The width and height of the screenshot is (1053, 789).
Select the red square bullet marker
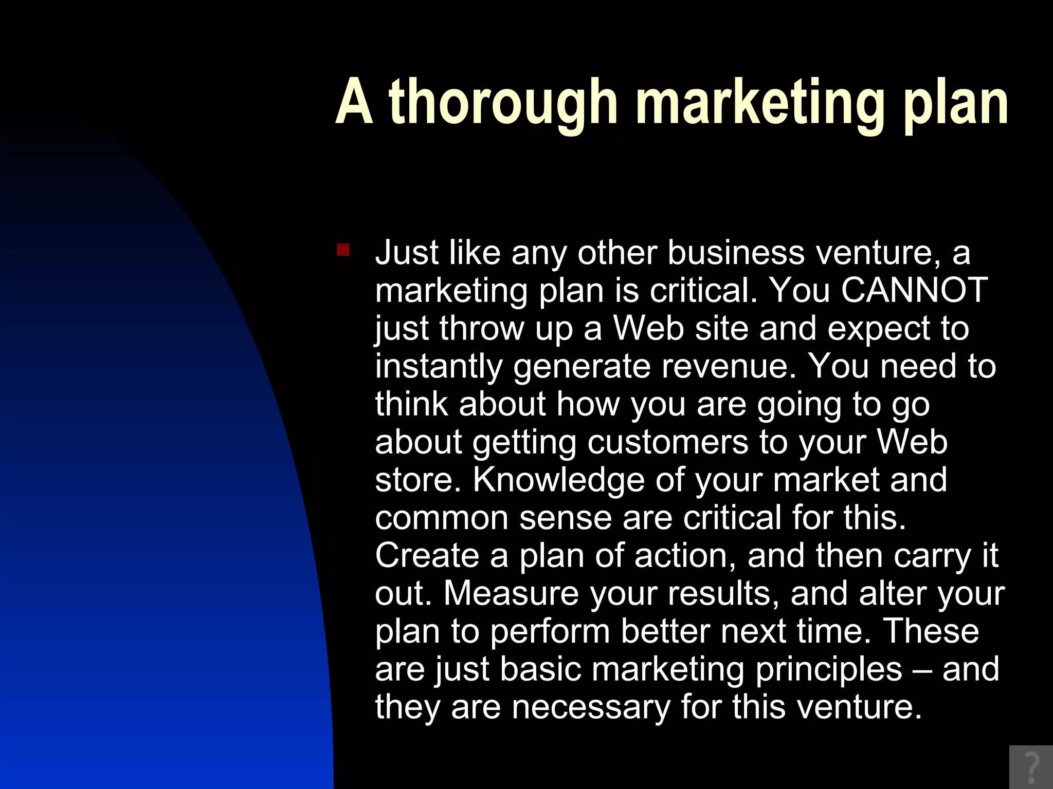click(343, 251)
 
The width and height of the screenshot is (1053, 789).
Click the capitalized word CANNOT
click(914, 290)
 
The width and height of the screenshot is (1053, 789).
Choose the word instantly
click(439, 366)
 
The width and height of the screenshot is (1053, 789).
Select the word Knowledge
click(558, 480)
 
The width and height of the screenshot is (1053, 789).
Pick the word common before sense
click(441, 518)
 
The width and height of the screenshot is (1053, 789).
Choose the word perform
click(550, 631)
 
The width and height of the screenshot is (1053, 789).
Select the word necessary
click(591, 707)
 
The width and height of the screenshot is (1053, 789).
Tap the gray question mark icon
click(1031, 767)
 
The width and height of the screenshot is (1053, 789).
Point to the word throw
click(481, 328)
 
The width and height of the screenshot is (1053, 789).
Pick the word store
click(415, 480)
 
